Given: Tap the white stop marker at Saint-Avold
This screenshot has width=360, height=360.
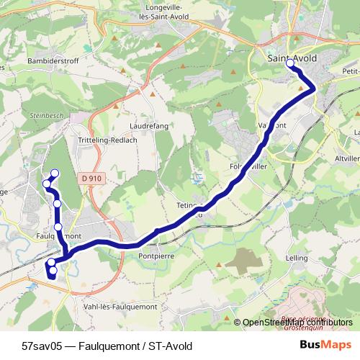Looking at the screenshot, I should coord(291,64).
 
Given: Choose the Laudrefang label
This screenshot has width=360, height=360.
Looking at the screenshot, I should coord(148,125).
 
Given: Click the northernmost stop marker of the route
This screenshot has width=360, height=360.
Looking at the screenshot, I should coord(54,172).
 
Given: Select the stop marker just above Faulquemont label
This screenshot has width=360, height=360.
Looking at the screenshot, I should coord(58,227).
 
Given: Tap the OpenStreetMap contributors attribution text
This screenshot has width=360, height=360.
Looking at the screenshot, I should coord(297,322).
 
